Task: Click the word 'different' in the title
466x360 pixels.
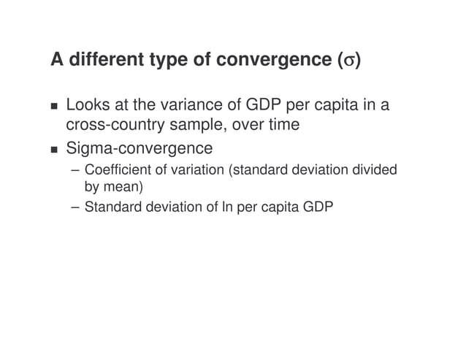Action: pos(102,60)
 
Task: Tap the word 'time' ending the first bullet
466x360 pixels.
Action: pos(283,125)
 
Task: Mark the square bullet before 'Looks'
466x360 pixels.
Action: pos(54,107)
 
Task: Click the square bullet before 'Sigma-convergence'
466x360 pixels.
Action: pos(54,150)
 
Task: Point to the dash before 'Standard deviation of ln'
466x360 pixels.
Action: pos(75,207)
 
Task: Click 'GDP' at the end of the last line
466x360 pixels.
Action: pos(319,207)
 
